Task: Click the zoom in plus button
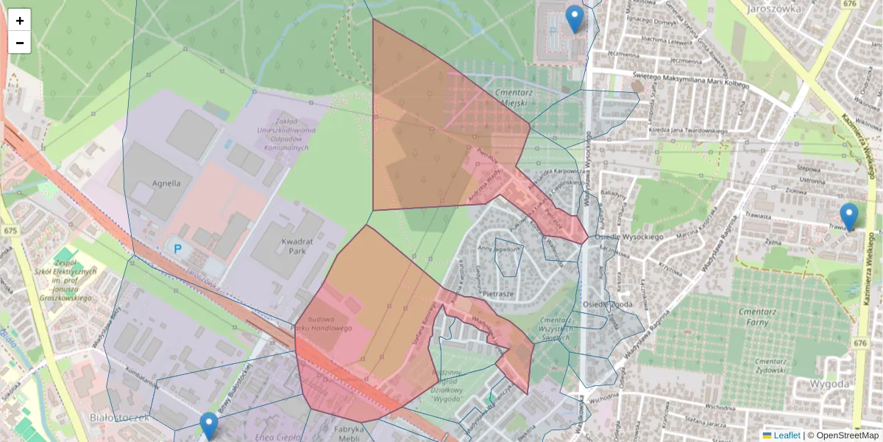20,21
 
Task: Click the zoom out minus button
20,43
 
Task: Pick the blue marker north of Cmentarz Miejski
575,18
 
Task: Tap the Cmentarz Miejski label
514,99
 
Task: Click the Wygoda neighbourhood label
829,384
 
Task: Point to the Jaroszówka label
773,10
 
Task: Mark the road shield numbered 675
10,231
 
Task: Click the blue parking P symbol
177,249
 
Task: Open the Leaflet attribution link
786,435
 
